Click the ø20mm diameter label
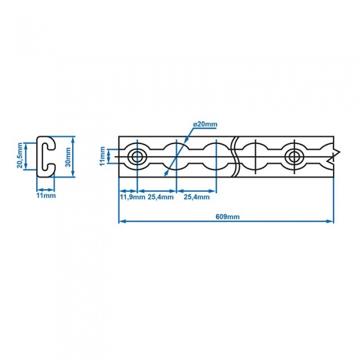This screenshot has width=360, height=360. click(205, 125)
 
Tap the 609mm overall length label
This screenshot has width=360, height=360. click(228, 217)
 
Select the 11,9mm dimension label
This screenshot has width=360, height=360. click(132, 197)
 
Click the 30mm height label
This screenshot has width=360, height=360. click(68, 157)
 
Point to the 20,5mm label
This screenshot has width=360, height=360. click(20, 156)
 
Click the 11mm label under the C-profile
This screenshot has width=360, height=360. click(46, 195)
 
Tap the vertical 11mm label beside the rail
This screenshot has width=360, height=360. click(102, 156)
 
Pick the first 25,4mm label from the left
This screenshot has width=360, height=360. click(161, 197)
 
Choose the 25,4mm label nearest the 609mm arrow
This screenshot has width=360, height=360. click(197, 197)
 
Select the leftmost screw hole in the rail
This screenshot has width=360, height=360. click(137, 157)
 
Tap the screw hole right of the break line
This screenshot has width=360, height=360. click(293, 157)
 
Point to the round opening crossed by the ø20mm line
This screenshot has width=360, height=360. click(176, 157)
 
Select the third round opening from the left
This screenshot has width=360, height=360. click(216, 157)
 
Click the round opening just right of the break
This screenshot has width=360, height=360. click(255, 157)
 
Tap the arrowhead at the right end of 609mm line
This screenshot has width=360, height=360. click(330, 221)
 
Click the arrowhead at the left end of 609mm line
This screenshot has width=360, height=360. click(123, 221)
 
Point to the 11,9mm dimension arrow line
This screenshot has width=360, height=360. click(128, 191)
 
